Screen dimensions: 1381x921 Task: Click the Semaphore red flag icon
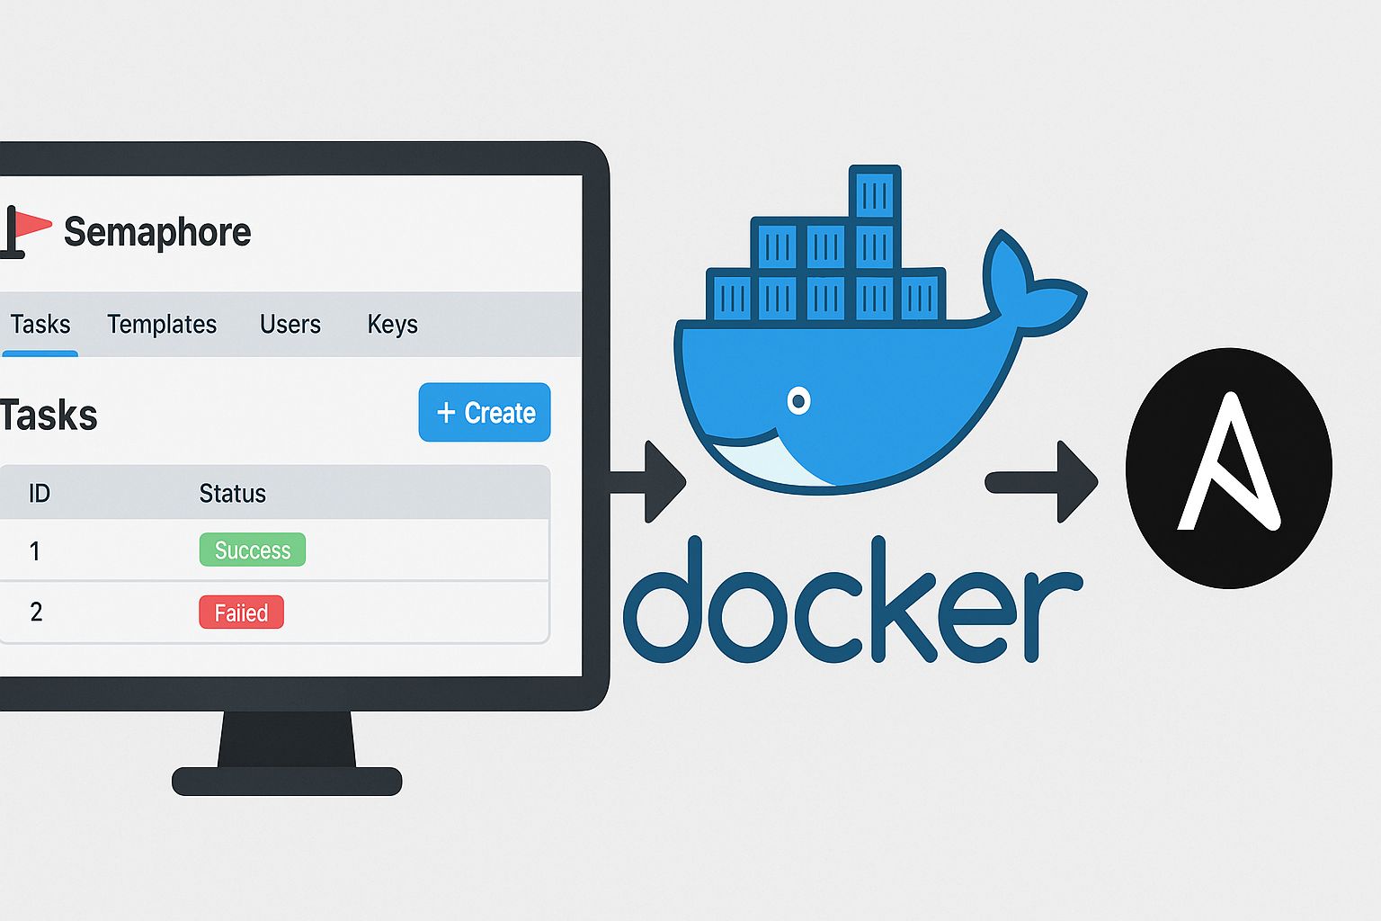[24, 231]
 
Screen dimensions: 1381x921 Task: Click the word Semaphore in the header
[157, 232]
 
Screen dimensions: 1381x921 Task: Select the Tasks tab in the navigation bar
[40, 324]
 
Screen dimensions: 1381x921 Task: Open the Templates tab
[162, 324]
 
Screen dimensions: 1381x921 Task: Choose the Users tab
[290, 324]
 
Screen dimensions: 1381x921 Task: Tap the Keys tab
[393, 325]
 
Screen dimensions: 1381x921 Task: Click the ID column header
[39, 494]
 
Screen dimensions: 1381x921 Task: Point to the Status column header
[233, 494]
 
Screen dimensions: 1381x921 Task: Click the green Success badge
[252, 550]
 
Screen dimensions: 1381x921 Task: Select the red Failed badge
[241, 612]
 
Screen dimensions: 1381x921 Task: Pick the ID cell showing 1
[34, 550]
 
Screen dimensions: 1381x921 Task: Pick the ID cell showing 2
[36, 612]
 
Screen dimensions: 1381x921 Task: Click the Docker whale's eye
[798, 401]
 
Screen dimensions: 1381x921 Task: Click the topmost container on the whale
[875, 192]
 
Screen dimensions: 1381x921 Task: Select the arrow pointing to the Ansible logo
[1041, 482]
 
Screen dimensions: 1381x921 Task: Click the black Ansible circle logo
[1229, 468]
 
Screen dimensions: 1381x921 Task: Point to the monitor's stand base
[287, 781]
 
